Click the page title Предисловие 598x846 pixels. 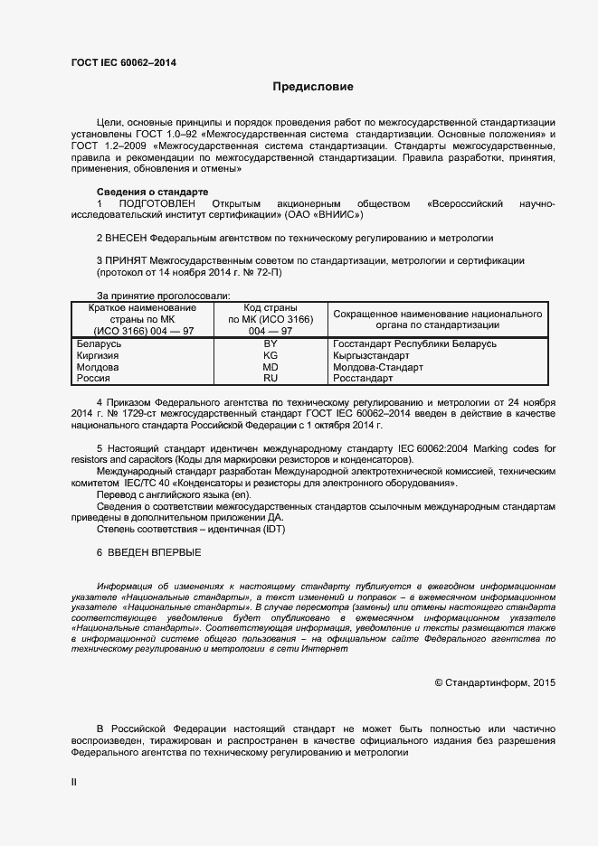click(x=313, y=87)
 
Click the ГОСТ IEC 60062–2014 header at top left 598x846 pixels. click(x=123, y=62)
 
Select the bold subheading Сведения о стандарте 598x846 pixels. click(x=152, y=192)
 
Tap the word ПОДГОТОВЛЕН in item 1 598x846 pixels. click(x=157, y=203)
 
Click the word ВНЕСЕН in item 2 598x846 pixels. click(x=127, y=239)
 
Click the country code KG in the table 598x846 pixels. click(x=270, y=356)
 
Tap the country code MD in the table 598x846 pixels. click(x=270, y=368)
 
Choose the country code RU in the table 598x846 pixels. click(x=270, y=380)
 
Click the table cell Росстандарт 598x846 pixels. click(x=363, y=380)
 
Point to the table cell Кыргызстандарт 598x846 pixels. click(x=371, y=356)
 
